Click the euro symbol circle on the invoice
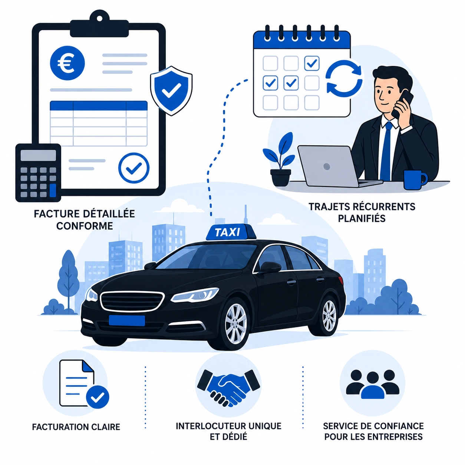[x=67, y=63]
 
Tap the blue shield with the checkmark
[x=171, y=90]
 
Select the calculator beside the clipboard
[x=38, y=173]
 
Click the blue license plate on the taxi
[x=127, y=320]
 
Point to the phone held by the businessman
[x=403, y=104]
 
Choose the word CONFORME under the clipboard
[x=85, y=226]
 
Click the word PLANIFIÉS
[x=362, y=219]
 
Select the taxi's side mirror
[x=270, y=267]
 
